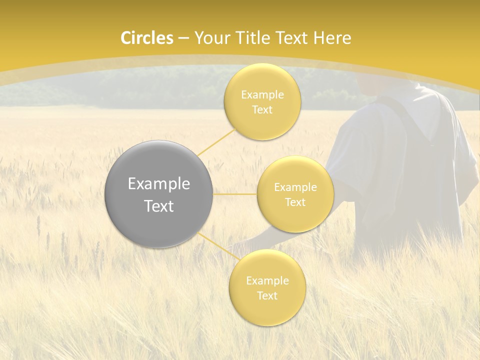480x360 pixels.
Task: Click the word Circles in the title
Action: pos(147,38)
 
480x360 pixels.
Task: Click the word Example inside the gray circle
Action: pos(159,184)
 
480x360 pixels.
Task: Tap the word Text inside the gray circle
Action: pos(159,206)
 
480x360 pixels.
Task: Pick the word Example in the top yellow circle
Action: pos(262,95)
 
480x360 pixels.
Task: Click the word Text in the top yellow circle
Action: pos(262,110)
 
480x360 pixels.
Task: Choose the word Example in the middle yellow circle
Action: pos(295,187)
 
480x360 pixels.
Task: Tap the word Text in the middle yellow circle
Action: pos(295,202)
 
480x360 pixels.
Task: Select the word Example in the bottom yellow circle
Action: pos(267,281)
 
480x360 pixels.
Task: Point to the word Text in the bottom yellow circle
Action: pos(267,296)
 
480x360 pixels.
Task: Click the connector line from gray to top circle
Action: pos(216,141)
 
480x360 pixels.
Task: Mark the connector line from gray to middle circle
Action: pos(235,194)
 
